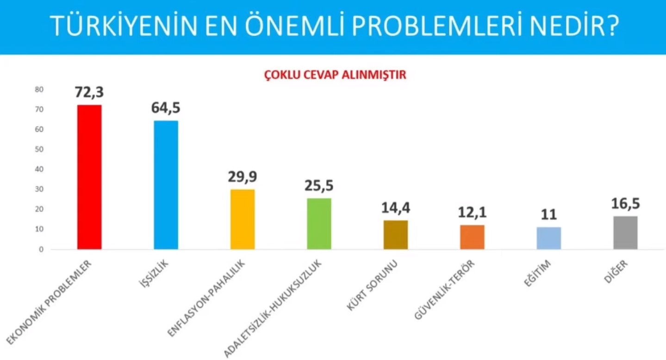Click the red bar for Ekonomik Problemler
tap(89, 177)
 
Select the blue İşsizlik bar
tap(166, 185)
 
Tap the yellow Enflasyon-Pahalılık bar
tap(243, 219)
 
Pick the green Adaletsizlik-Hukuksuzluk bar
tap(319, 224)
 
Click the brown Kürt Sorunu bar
tap(396, 235)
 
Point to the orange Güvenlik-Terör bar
tap(472, 237)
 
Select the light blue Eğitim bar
tap(549, 238)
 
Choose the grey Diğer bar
tap(625, 233)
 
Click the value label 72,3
tap(89, 92)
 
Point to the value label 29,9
tap(242, 176)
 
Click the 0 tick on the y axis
tap(41, 249)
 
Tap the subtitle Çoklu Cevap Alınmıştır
tap(335, 75)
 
